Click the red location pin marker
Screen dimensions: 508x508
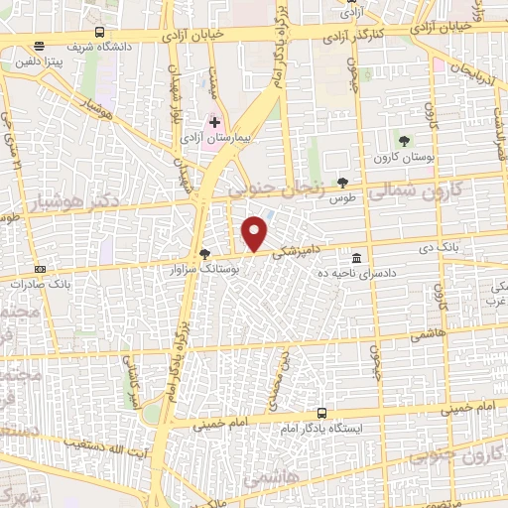coord(255,234)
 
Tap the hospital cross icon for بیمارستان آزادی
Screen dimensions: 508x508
coord(214,122)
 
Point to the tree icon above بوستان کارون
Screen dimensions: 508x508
coord(402,141)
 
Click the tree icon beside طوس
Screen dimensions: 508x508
coord(343,182)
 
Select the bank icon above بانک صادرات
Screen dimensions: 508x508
coord(40,268)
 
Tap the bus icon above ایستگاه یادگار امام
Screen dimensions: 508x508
coord(320,412)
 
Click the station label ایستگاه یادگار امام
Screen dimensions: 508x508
coord(321,429)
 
